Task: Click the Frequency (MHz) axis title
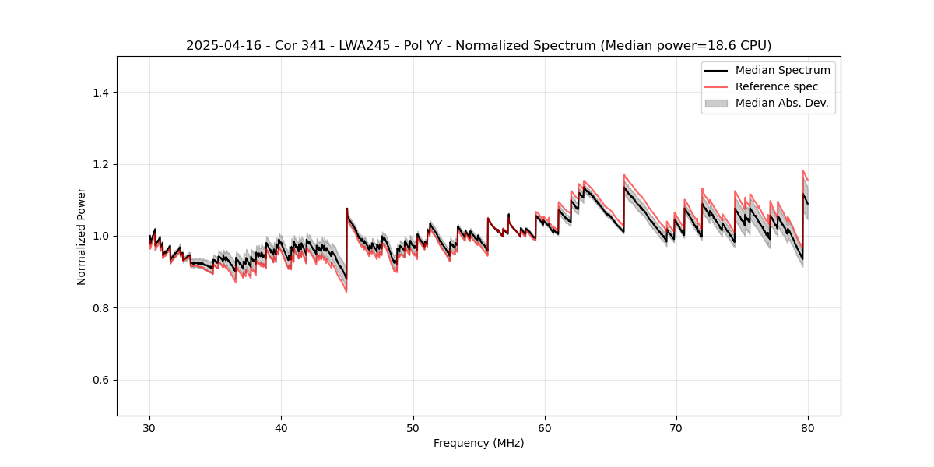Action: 479,444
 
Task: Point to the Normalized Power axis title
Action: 82,236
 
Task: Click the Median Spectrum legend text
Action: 782,70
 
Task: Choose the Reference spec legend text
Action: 777,86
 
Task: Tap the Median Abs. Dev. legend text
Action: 781,103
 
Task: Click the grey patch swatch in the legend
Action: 716,103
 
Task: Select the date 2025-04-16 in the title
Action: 219,46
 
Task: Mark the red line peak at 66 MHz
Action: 624,174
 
